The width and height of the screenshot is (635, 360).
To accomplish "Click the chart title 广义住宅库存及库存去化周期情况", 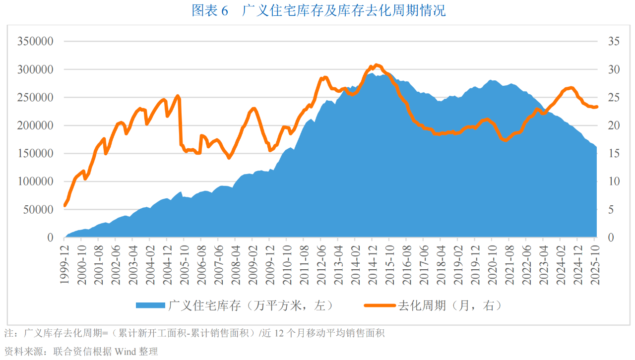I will pyautogui.click(x=343, y=10).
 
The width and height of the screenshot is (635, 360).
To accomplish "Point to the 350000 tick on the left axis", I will pyautogui.click(x=35, y=41).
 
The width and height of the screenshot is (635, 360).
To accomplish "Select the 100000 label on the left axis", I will pyautogui.click(x=35, y=181).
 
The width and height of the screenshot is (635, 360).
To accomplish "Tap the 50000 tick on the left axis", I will pyautogui.click(x=38, y=210).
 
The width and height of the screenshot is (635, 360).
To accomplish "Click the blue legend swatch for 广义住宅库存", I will pyautogui.click(x=150, y=305).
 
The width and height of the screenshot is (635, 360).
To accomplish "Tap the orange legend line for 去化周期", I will pyautogui.click(x=380, y=305).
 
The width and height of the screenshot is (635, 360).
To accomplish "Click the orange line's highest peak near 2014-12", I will pyautogui.click(x=376, y=65).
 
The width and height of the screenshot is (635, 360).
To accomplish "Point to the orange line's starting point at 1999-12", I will pyautogui.click(x=65, y=205).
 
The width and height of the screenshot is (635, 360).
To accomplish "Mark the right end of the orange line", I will pyautogui.click(x=597, y=107).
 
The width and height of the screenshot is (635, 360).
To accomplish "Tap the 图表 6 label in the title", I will pyautogui.click(x=209, y=10).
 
